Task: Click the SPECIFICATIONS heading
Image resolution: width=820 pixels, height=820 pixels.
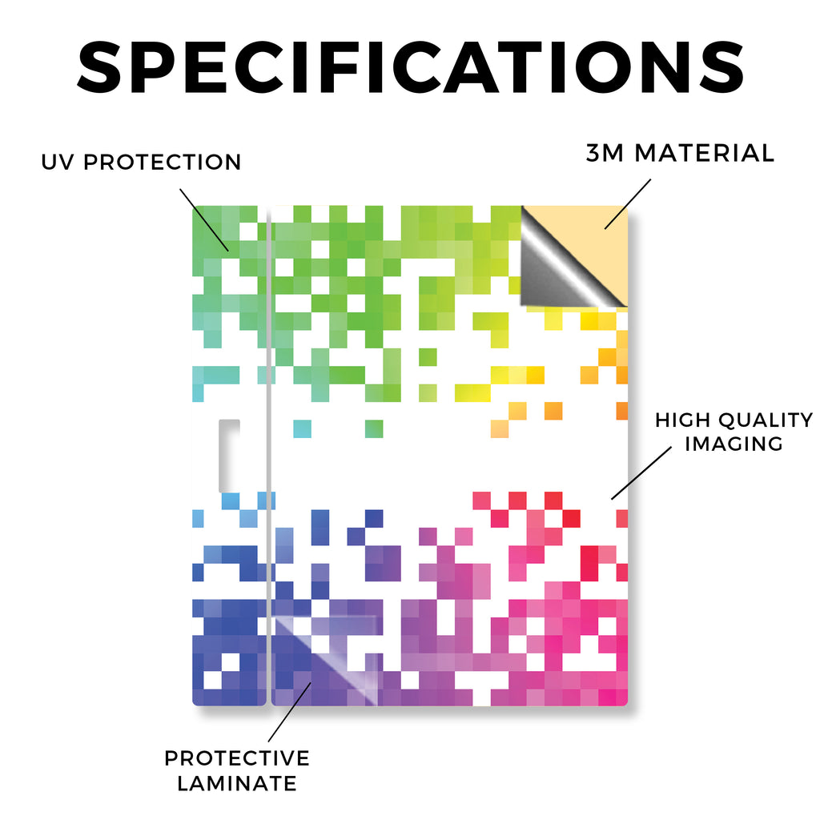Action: pyautogui.click(x=411, y=67)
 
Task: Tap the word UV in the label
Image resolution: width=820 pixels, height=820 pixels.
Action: pyautogui.click(x=58, y=162)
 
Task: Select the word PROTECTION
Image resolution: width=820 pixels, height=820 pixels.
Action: pyautogui.click(x=162, y=162)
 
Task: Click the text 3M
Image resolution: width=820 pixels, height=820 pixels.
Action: pyautogui.click(x=605, y=153)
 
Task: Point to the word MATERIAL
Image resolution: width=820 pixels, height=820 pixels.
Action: pyautogui.click(x=704, y=153)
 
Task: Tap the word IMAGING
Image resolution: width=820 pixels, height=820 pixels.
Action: pyautogui.click(x=734, y=444)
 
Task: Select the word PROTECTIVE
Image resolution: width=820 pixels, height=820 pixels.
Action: pyautogui.click(x=237, y=758)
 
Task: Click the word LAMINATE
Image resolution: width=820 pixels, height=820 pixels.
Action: pyautogui.click(x=237, y=783)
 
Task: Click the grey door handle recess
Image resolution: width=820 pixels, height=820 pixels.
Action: pyautogui.click(x=229, y=456)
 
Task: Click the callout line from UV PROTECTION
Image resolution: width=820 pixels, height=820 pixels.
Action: pyautogui.click(x=204, y=220)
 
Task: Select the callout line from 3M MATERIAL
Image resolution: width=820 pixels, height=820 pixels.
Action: pyautogui.click(x=628, y=204)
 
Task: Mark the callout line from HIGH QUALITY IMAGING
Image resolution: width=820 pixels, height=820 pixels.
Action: pyautogui.click(x=641, y=472)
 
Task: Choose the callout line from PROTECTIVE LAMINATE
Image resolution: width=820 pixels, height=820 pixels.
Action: pyautogui.click(x=290, y=712)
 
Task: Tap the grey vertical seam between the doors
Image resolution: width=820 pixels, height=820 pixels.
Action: pyautogui.click(x=269, y=455)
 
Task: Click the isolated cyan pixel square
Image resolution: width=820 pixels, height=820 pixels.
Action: pyautogui.click(x=302, y=429)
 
